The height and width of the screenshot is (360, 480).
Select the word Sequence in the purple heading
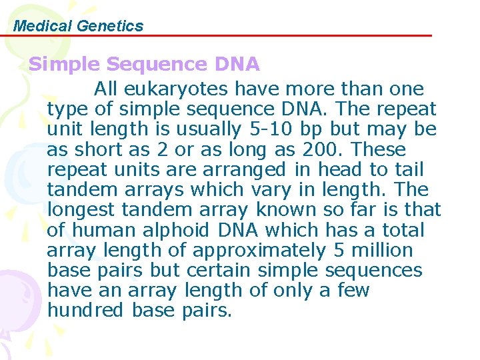(x=157, y=65)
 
